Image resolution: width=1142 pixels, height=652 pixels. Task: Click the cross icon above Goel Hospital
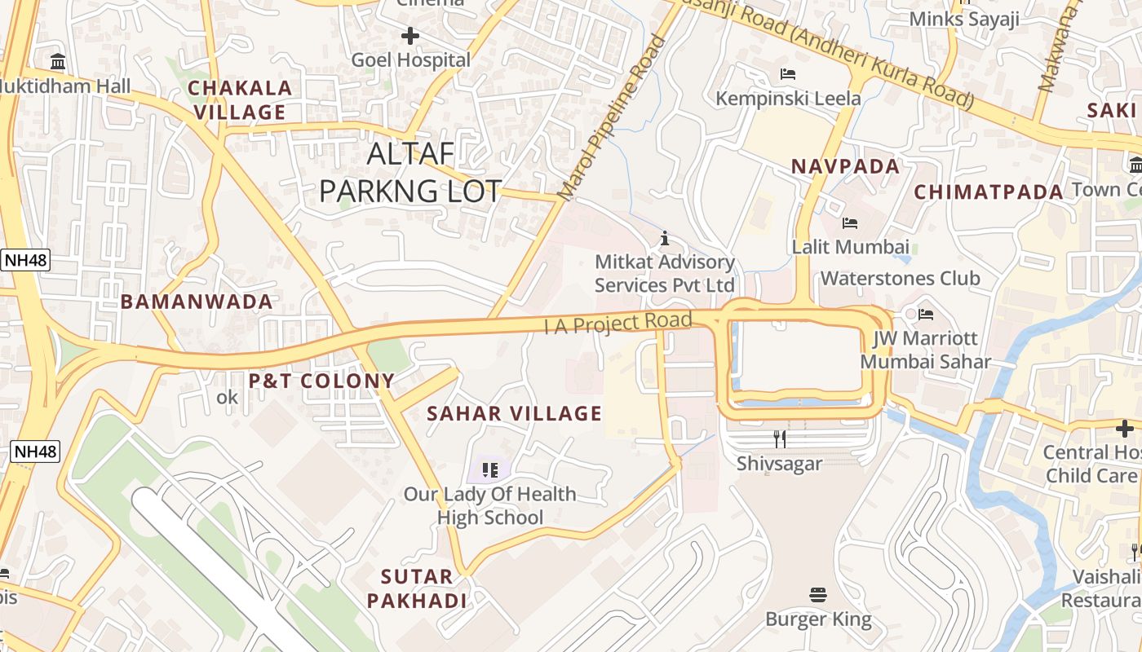410,36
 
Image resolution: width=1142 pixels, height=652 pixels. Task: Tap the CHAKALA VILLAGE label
239,99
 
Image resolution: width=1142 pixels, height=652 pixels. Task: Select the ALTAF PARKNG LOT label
409,172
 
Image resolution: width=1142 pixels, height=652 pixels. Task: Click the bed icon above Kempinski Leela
788,74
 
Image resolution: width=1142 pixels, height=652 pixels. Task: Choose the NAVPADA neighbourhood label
845,166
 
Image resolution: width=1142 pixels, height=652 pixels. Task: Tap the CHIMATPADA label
988,192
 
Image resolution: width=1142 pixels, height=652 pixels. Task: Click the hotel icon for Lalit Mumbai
850,222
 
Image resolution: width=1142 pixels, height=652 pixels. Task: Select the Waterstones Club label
900,278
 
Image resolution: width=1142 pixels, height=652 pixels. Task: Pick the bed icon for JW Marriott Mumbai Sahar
925,314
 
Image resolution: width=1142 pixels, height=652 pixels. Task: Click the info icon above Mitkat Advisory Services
665,238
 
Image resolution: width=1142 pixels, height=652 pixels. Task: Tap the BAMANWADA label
197,302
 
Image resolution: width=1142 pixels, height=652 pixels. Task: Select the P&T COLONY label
321,381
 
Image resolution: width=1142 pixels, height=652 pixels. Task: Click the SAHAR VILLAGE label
514,413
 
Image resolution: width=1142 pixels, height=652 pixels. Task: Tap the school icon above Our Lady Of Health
489,469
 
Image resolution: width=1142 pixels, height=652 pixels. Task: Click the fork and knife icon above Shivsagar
780,439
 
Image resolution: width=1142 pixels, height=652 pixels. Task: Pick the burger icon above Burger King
818,595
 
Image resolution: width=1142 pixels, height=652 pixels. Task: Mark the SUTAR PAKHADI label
417,588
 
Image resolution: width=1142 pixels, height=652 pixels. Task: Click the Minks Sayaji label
964,18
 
